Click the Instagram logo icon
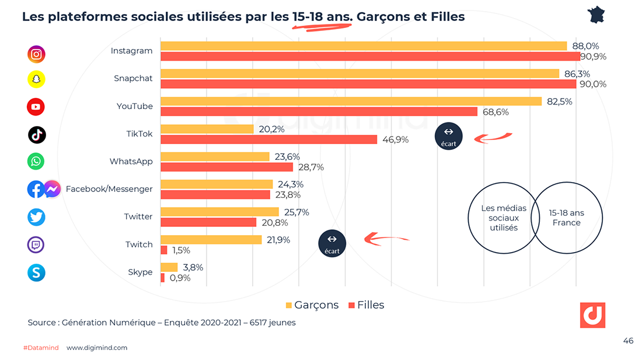[36, 54]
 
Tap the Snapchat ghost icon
[36, 79]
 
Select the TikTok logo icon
[37, 135]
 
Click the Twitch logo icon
[36, 244]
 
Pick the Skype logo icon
[36, 272]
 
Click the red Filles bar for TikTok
[268, 139]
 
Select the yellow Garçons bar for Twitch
[211, 240]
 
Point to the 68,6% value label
[495, 112]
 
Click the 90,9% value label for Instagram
[594, 57]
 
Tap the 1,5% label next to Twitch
[181, 250]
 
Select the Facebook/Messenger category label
[109, 189]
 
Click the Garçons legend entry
[312, 305]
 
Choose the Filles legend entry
[367, 305]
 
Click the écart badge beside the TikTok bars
[448, 136]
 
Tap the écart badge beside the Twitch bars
[332, 243]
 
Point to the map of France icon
[596, 15]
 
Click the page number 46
[628, 341]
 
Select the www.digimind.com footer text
[97, 348]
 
